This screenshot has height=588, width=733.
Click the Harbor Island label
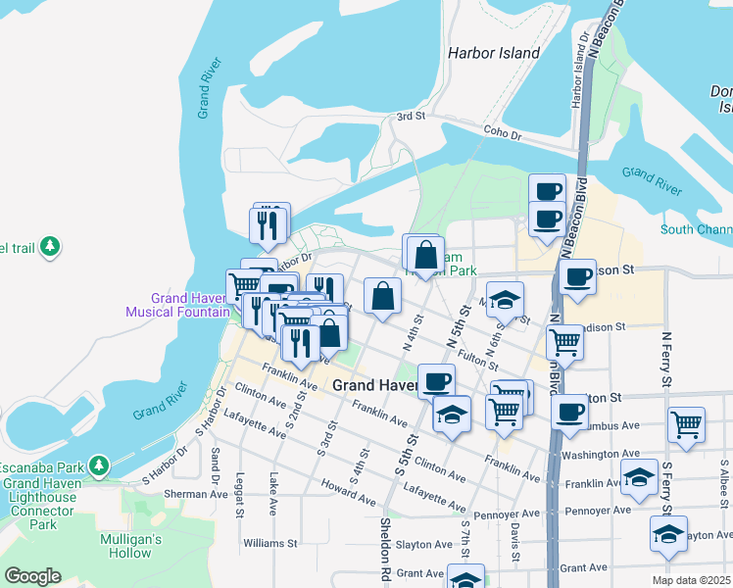click(493, 53)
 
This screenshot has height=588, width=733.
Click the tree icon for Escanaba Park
click(98, 464)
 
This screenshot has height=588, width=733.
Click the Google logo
click(32, 575)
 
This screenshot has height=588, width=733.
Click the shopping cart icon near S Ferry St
click(686, 425)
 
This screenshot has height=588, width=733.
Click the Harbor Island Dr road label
click(581, 70)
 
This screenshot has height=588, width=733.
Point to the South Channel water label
click(696, 230)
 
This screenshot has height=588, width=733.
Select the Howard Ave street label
click(348, 494)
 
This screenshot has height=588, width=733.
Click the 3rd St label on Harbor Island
click(409, 117)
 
